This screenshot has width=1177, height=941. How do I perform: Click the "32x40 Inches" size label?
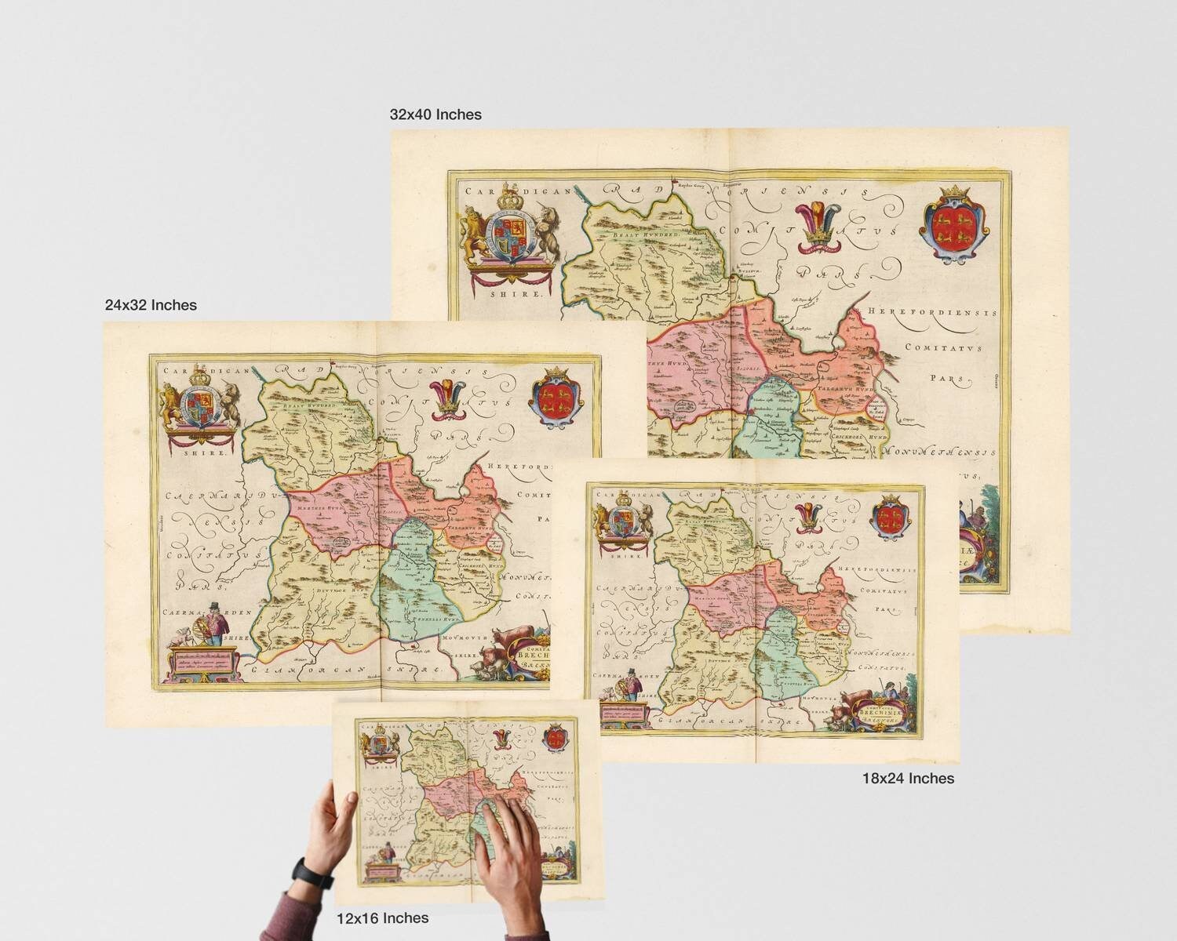(435, 114)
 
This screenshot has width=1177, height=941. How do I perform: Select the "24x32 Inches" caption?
(151, 305)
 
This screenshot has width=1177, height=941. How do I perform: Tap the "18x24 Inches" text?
(908, 779)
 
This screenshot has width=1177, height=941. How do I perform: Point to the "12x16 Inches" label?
(382, 917)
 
